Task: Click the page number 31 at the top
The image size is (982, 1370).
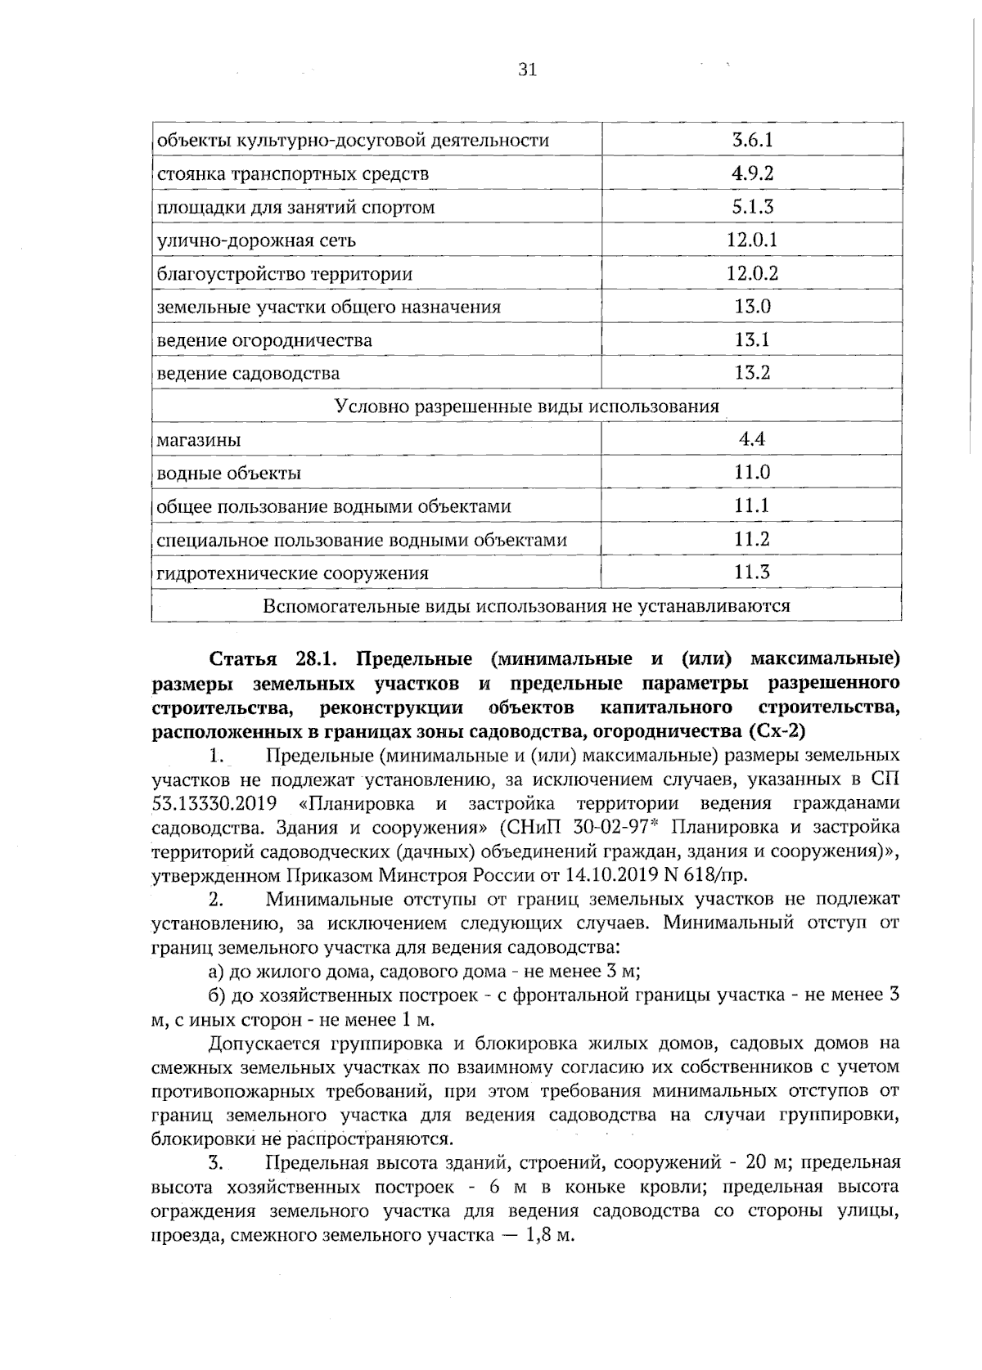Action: pyautogui.click(x=527, y=70)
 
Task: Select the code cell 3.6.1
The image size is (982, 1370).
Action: pyautogui.click(x=752, y=140)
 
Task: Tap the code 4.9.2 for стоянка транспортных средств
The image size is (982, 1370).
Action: pyautogui.click(x=752, y=173)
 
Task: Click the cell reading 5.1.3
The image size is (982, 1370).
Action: pyautogui.click(x=752, y=207)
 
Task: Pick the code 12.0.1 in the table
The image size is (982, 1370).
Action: pyautogui.click(x=752, y=240)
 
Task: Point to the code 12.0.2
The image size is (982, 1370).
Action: pyautogui.click(x=752, y=274)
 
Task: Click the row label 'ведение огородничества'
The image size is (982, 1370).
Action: pyautogui.click(x=264, y=340)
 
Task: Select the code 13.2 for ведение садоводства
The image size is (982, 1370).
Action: pyautogui.click(x=752, y=374)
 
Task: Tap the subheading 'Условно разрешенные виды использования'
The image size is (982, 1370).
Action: pyautogui.click(x=527, y=407)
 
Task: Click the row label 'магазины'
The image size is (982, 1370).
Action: pyautogui.click(x=199, y=440)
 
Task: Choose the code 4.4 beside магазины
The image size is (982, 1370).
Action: pyautogui.click(x=752, y=439)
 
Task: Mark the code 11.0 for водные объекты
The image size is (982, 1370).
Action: pyautogui.click(x=752, y=473)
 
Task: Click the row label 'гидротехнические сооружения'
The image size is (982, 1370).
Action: pyautogui.click(x=292, y=573)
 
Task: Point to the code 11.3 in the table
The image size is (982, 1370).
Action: pyautogui.click(x=752, y=573)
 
